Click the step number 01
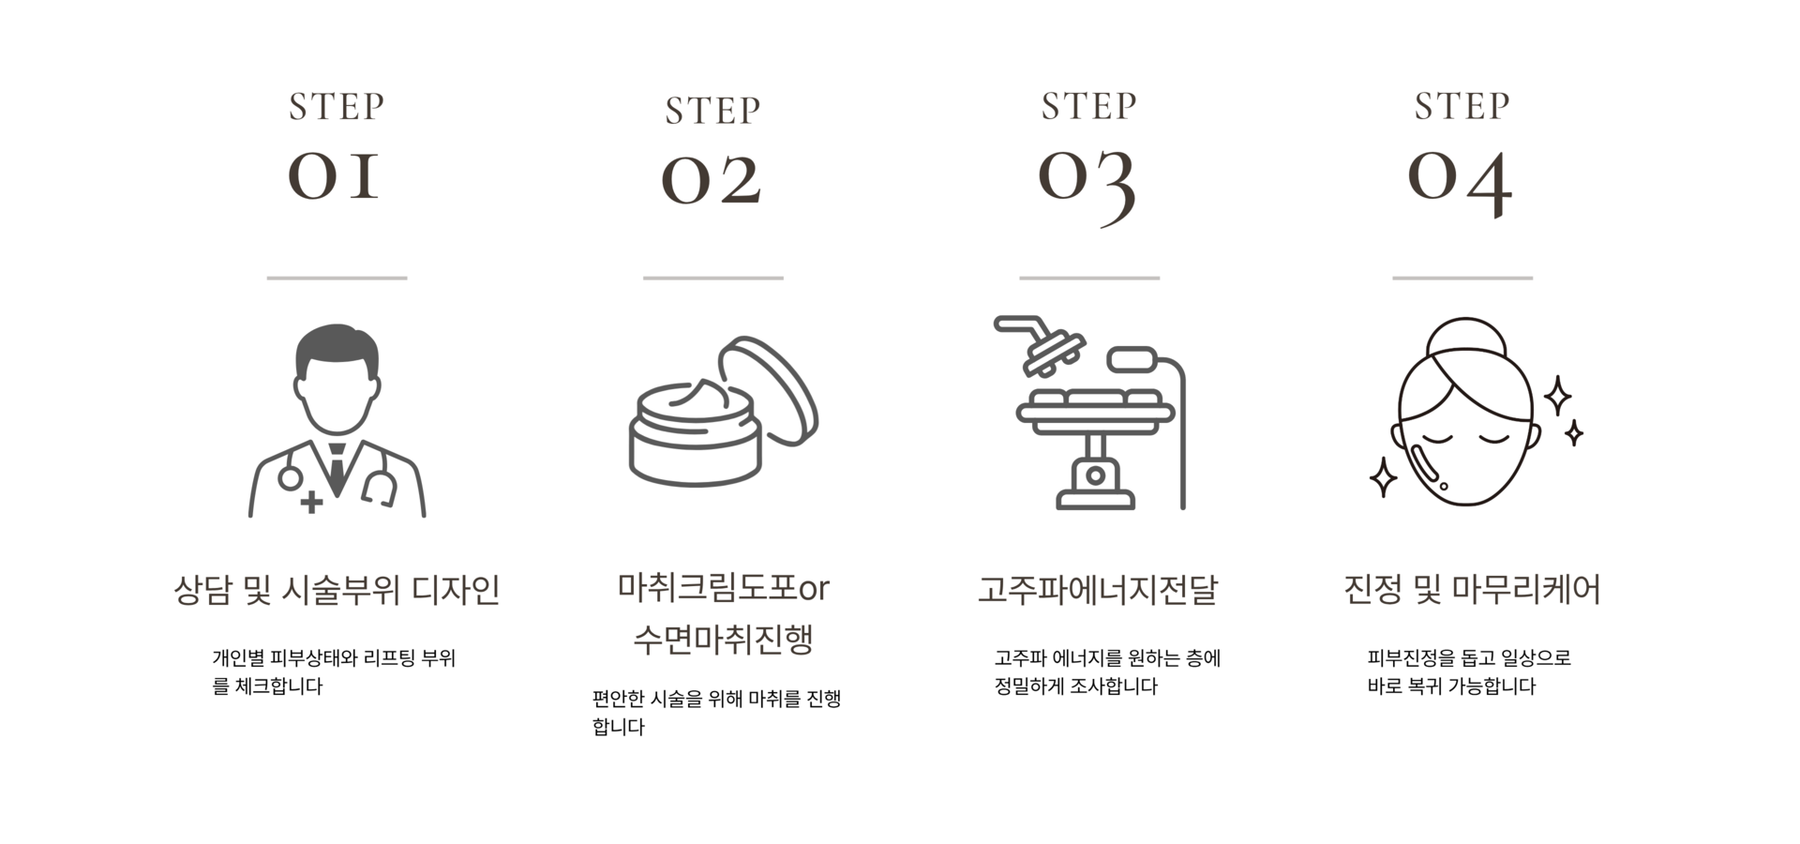tap(335, 175)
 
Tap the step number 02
tap(712, 179)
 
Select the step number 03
tap(1087, 183)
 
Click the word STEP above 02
tap(712, 111)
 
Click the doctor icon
tap(337, 421)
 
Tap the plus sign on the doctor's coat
tap(312, 503)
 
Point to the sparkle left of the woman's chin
tap(1383, 477)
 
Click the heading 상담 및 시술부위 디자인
tap(337, 591)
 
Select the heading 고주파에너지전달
tap(1097, 591)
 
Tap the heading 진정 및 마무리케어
tap(1472, 591)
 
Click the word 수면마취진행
tap(723, 640)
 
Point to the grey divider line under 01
tap(337, 278)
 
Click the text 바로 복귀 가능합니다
tap(1451, 686)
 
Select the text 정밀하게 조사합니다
tap(1075, 686)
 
